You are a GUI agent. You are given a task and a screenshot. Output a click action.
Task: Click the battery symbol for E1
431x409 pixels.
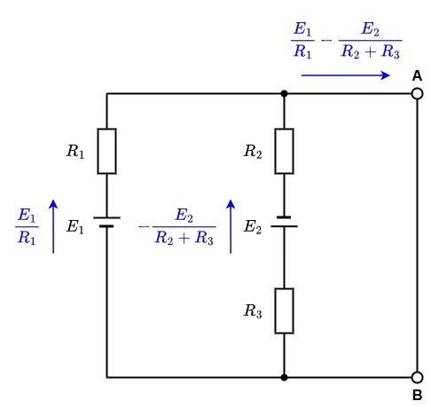coord(106,222)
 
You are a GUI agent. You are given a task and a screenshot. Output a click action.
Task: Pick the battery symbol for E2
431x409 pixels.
coord(284,222)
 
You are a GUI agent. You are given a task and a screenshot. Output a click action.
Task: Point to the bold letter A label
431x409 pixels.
coord(417,76)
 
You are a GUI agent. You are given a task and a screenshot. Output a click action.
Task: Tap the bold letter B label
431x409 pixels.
coord(417,395)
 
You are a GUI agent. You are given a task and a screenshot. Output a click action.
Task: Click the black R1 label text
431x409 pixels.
coord(75,151)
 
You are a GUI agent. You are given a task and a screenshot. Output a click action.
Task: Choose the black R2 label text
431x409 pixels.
coord(253,151)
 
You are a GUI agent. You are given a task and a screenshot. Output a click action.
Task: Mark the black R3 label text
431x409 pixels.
coord(253,311)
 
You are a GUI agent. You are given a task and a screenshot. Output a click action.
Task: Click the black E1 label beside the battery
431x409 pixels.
coord(75,227)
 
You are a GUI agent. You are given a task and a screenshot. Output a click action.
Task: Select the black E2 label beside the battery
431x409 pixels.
coord(253,227)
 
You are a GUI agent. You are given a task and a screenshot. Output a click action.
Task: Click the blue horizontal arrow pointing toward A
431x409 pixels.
coord(346,75)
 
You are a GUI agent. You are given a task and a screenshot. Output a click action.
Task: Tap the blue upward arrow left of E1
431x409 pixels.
coord(53,226)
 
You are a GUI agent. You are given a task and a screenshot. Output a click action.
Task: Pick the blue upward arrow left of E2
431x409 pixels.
coord(231,226)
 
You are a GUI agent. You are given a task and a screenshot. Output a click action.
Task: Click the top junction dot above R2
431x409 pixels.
coord(284,94)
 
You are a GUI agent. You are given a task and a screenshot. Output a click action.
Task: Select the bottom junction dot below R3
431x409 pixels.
coord(284,377)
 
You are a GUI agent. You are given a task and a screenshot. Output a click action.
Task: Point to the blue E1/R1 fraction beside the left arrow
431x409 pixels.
coord(27,226)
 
